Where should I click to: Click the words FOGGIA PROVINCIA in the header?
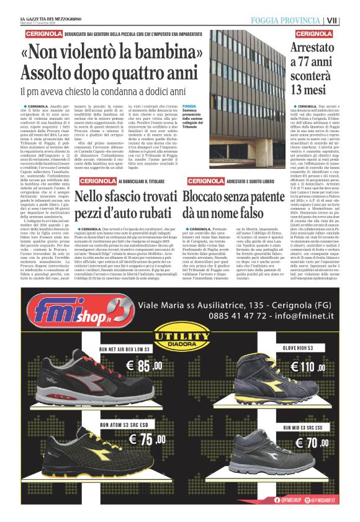(286, 20)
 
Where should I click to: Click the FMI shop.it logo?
(78, 322)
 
